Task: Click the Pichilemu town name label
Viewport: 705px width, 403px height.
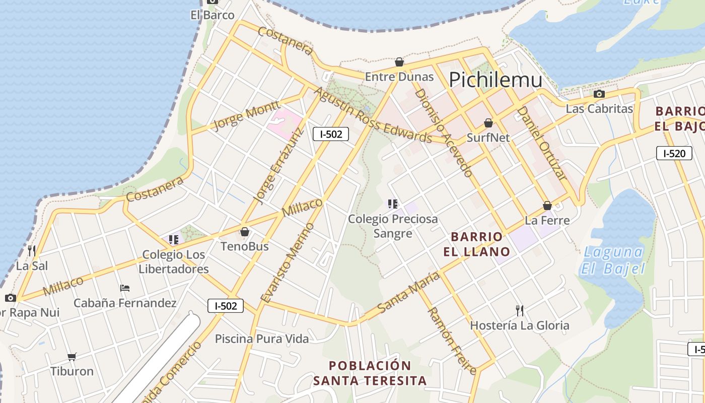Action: tap(496, 80)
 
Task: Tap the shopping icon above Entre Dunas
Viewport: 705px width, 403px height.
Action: tap(399, 62)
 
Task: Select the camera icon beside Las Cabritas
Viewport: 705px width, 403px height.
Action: tap(599, 94)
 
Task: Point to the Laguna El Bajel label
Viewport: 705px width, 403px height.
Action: tap(612, 260)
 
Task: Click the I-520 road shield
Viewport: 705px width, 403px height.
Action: tap(674, 153)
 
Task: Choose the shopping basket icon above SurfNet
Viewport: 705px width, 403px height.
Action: tap(488, 123)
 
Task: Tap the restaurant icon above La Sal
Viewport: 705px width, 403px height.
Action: tap(32, 250)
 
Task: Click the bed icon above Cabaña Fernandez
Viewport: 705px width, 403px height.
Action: tap(125, 288)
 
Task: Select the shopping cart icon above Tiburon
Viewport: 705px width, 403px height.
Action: tap(72, 357)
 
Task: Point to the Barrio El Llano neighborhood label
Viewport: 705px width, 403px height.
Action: tap(477, 244)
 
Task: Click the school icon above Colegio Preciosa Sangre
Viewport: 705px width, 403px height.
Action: tap(393, 204)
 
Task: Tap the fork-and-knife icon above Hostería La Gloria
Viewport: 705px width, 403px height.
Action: tap(520, 310)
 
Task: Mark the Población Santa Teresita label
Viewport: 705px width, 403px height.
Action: tap(370, 373)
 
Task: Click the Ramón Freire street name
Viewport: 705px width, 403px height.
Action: tap(452, 341)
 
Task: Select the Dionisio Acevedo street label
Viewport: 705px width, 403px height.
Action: tap(443, 133)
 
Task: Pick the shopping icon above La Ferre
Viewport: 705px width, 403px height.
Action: tap(547, 206)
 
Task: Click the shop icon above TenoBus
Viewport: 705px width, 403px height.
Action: tap(245, 232)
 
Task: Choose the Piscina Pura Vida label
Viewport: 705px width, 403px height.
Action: tap(262, 339)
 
